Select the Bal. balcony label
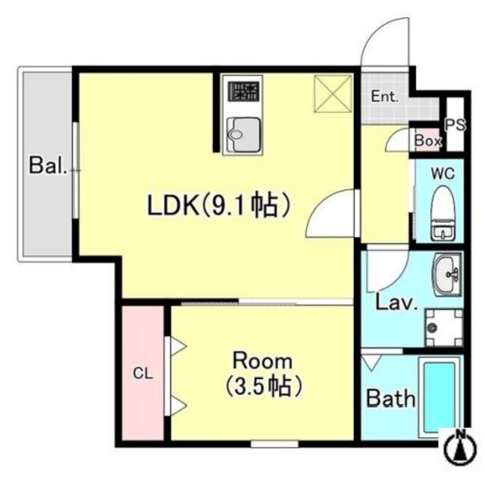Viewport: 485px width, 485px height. (x=47, y=164)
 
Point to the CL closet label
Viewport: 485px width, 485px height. (x=141, y=372)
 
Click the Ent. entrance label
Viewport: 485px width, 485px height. (x=384, y=96)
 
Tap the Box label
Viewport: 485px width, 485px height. (x=427, y=141)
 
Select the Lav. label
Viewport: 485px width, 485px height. (x=398, y=304)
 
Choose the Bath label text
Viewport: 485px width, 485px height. (x=390, y=397)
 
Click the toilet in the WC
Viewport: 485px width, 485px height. (x=442, y=212)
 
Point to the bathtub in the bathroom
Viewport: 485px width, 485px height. (x=438, y=399)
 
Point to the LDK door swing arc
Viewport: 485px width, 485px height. (x=332, y=214)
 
